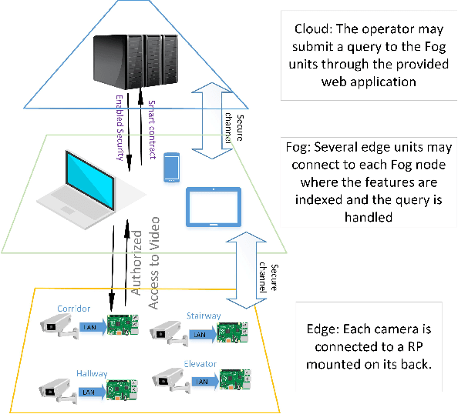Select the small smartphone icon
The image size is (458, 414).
(173, 167)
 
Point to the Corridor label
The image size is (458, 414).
(74, 309)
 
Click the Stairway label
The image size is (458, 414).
(204, 315)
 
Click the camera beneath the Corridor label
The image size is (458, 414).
(59, 327)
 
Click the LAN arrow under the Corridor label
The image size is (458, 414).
(89, 327)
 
